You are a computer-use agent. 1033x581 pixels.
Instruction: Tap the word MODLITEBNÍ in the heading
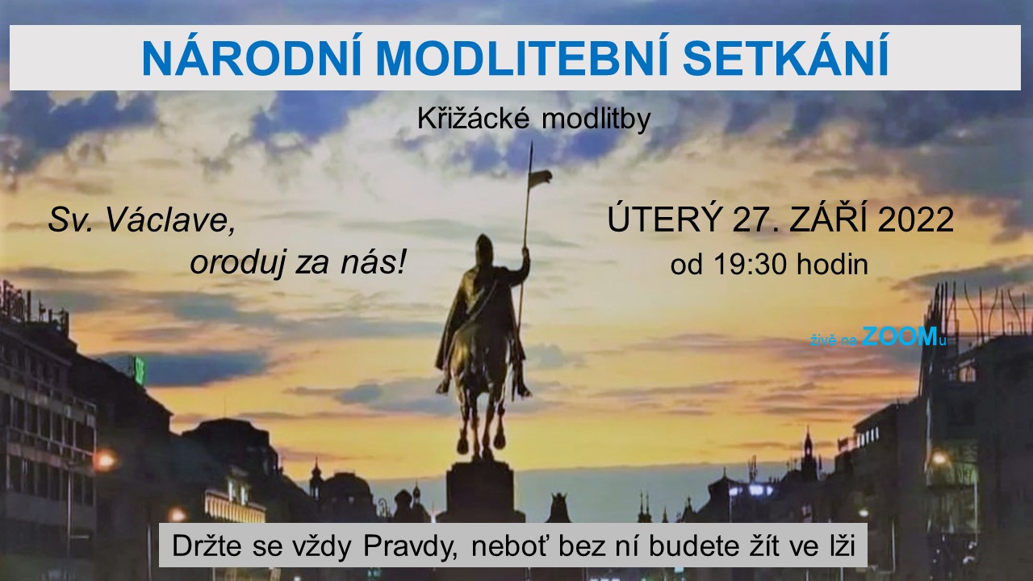(x=522, y=58)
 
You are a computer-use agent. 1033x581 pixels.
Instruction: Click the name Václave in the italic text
(x=170, y=220)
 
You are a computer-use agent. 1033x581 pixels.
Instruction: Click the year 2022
(x=916, y=219)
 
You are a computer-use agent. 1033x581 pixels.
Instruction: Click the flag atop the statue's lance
(x=541, y=178)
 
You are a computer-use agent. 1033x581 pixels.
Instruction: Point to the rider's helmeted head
(x=485, y=248)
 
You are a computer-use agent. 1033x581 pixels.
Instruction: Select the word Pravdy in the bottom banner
(x=411, y=546)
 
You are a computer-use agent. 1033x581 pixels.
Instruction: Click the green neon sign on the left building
(x=139, y=370)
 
